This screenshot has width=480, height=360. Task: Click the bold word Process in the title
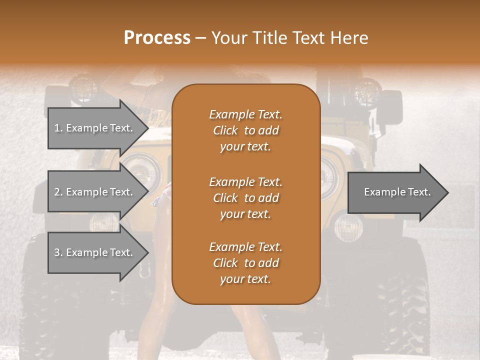tap(157, 38)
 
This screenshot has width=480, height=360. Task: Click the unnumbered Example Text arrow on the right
tap(397, 192)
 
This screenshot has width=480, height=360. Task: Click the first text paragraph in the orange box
tap(245, 130)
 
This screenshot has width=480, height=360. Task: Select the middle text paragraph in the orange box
tap(245, 198)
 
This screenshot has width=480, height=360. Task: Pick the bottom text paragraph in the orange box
tap(245, 263)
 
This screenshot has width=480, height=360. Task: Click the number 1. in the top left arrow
tap(58, 128)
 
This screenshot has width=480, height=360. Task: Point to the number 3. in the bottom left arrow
tap(58, 252)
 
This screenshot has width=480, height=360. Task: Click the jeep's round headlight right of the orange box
tap(329, 172)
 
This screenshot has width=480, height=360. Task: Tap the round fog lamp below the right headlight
tap(344, 228)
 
